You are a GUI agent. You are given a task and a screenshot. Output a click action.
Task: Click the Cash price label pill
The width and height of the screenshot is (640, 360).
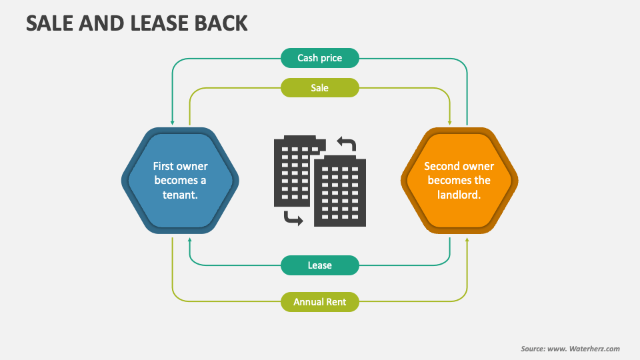click(x=320, y=58)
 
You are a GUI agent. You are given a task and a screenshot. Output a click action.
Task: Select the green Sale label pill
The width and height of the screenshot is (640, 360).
click(x=320, y=88)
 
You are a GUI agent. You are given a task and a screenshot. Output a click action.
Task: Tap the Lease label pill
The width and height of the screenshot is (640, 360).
click(x=320, y=265)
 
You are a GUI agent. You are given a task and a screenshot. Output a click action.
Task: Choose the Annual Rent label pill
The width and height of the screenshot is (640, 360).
click(x=320, y=302)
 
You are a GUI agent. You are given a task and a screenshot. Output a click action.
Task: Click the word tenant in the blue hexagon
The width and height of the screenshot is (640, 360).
click(x=180, y=195)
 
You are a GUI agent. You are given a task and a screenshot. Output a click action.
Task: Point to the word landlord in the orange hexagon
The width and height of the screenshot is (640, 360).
click(x=459, y=195)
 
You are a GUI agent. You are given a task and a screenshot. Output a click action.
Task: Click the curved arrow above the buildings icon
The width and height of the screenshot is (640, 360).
click(x=347, y=144)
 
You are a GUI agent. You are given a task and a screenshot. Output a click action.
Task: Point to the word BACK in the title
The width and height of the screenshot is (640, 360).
click(x=223, y=24)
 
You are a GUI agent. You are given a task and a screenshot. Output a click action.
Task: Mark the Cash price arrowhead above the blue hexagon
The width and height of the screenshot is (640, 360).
click(x=173, y=123)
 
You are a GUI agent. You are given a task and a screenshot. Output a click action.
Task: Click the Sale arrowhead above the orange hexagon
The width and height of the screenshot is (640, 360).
click(x=450, y=123)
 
